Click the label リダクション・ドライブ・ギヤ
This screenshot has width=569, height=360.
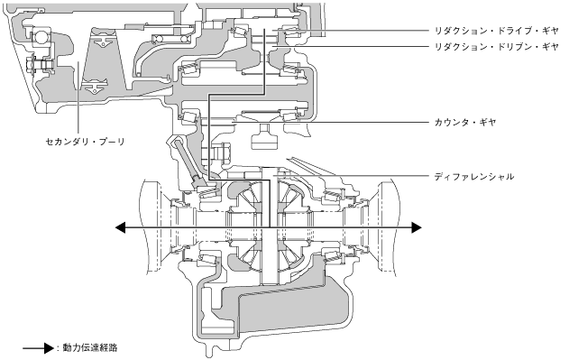497,31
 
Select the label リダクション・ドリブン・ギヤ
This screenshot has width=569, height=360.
497,47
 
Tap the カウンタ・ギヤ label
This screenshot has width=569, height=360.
465,122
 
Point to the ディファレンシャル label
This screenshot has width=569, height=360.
474,177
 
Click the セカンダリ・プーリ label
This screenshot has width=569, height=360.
86,142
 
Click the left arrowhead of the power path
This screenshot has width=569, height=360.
121,227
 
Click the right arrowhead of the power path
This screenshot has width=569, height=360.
417,227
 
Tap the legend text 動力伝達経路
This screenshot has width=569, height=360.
90,347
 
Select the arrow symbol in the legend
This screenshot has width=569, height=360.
39,348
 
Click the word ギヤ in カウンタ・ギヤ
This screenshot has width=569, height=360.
487,122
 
